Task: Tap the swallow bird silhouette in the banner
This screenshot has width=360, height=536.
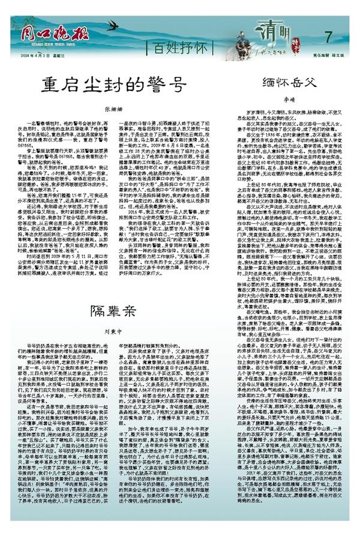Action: pos(111,26)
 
